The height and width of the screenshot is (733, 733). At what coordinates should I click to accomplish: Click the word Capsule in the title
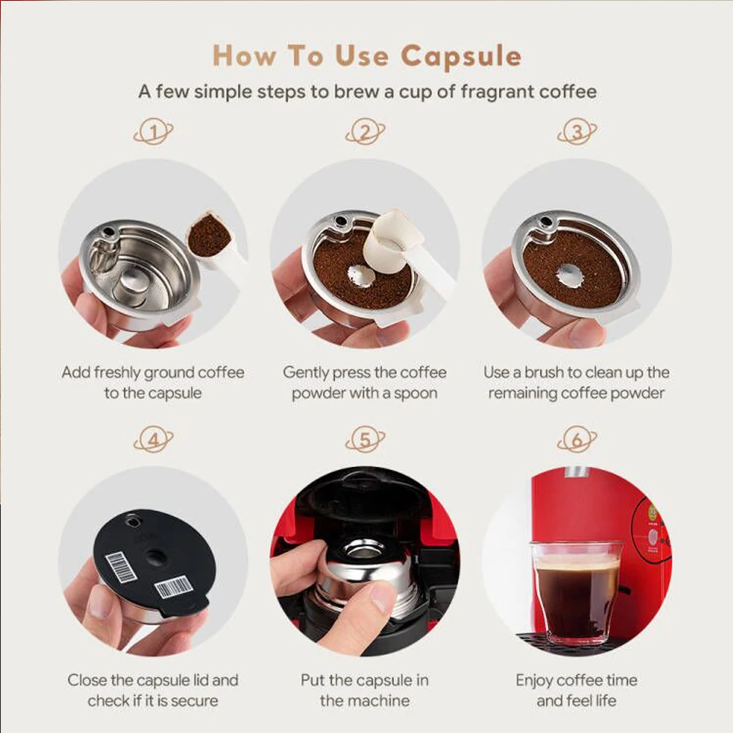[x=460, y=56]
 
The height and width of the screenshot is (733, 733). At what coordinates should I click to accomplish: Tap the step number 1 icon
[x=153, y=132]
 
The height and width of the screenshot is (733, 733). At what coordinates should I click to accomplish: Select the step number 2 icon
[x=365, y=132]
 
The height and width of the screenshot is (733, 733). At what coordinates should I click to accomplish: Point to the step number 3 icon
[x=577, y=132]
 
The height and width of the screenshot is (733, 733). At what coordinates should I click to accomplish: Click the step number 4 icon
[x=153, y=439]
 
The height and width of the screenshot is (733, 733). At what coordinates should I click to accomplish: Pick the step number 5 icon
[x=365, y=439]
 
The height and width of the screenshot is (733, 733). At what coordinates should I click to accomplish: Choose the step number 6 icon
[x=577, y=439]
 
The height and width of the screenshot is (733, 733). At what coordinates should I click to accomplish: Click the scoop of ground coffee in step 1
[x=209, y=235]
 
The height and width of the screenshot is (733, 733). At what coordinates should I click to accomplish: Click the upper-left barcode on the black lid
[x=121, y=567]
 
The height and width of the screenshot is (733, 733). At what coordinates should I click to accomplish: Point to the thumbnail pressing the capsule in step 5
[x=383, y=600]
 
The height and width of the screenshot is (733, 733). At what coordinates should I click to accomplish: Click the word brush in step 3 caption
[x=544, y=372]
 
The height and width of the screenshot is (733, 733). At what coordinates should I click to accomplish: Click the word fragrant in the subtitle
[x=498, y=92]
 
